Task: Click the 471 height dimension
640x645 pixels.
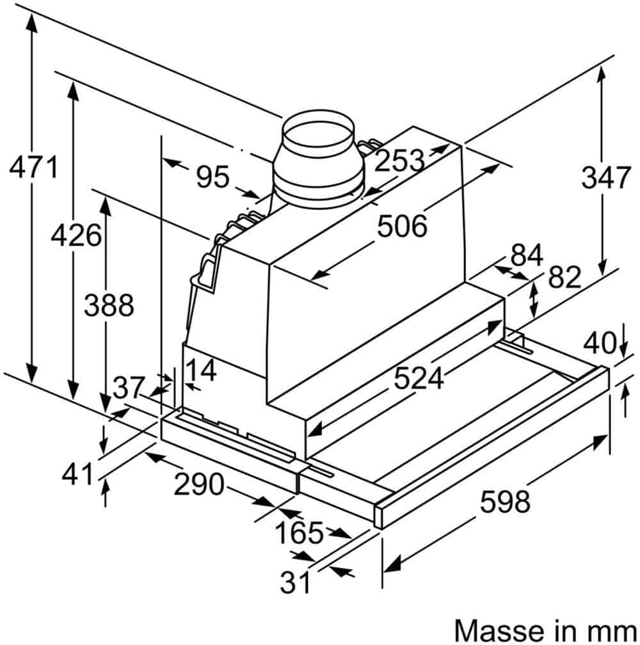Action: [34, 167]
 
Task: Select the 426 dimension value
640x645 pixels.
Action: [76, 235]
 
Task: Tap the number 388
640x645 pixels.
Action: [109, 305]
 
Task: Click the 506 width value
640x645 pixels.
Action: [403, 226]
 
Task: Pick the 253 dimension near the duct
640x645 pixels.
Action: [399, 160]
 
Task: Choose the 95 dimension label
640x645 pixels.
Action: [212, 177]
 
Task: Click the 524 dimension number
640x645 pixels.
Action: [419, 378]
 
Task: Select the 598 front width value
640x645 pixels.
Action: [505, 502]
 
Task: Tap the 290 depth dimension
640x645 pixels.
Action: [199, 484]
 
